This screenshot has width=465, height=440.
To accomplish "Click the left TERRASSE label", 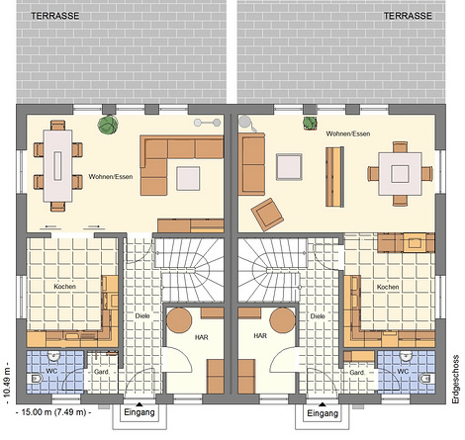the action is pos(55,16).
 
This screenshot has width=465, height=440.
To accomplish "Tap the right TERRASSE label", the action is pos(408,16).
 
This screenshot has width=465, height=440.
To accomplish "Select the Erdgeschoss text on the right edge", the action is pos(456,379).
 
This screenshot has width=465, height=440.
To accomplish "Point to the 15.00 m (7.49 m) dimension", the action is pos(53,412).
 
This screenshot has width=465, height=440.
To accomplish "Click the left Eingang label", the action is pos(139,412).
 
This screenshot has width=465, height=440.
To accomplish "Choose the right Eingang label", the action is pos(323,413).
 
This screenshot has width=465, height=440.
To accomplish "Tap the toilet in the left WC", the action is pos(37,379).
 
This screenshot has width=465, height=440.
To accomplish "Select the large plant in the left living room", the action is pos(108,125).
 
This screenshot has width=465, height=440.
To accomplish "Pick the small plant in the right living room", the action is pos(310,123).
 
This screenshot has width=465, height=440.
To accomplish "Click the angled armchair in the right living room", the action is pos(267,215).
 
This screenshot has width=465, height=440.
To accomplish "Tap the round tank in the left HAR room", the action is pos(179,320).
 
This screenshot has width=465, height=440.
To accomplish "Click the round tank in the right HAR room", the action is pos(283,320).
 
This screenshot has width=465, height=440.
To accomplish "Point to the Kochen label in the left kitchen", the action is pos(64,287).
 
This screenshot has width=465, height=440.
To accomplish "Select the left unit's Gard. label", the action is pos(102,372).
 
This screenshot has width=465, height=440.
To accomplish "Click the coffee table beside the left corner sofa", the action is pos(188,178).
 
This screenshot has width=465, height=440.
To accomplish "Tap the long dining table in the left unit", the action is pos(58,166).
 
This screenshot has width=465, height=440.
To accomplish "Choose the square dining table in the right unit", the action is pos(400,174).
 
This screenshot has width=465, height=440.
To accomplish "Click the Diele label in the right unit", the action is pos(318,316).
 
